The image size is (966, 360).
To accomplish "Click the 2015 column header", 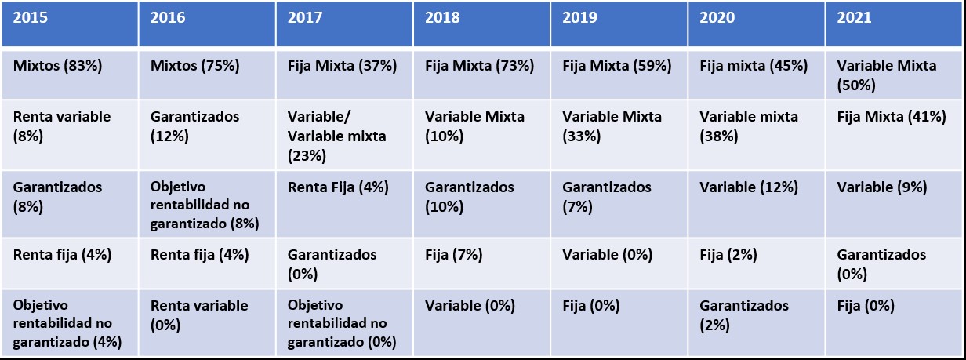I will pos(31,18).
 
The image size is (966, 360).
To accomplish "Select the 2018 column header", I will pos(442,18).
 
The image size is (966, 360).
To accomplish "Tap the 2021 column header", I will pos(854,18).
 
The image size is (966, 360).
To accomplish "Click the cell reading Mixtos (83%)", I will pos(58,66).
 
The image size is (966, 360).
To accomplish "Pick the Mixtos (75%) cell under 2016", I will pos(195,66).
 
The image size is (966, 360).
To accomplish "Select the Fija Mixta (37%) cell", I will pos(342,66).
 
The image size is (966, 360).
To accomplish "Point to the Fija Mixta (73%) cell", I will pos(479,66).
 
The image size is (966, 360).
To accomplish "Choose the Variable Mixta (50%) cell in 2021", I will pos(886,75).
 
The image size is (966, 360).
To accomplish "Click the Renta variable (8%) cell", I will pos(62,125).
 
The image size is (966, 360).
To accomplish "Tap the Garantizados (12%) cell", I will pos(194,125).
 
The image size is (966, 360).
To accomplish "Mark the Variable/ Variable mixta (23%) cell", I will pos(336,136).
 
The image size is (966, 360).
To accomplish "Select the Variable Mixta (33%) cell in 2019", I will pos(612,125).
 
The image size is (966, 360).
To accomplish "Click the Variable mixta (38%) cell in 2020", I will pos(748,125).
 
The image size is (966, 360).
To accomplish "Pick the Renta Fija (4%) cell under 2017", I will pos(338,187).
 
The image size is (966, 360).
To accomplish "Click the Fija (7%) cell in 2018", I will pos(453,254).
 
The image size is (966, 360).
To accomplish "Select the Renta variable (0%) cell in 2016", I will pos(198,315).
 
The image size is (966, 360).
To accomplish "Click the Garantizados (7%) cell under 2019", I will pos(607,197).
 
